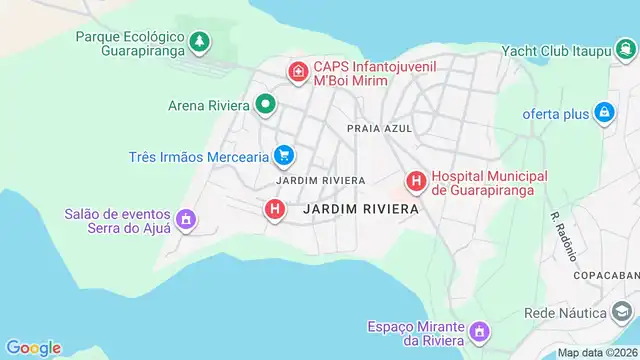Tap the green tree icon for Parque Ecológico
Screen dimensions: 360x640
point(201,41)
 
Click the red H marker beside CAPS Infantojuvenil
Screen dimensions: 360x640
point(297,71)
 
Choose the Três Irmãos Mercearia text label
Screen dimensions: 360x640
point(199,157)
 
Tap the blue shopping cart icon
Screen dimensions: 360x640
point(285,155)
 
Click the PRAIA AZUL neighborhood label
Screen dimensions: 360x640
point(379,129)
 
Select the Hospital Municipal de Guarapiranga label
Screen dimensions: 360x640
point(482,180)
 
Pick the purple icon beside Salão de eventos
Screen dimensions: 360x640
point(185,218)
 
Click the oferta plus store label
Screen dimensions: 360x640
point(555,114)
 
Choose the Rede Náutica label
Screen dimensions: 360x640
point(566,313)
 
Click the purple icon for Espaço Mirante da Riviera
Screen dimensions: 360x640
point(480,331)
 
